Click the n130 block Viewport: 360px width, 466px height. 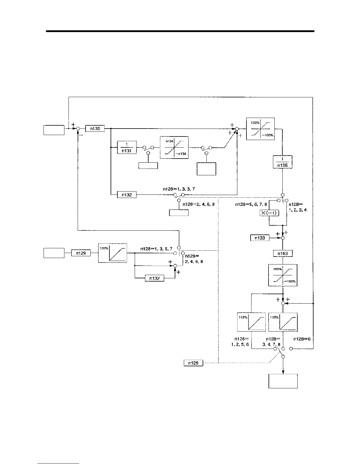95,129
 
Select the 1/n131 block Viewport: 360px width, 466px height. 127,147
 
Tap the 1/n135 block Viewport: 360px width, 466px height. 282,162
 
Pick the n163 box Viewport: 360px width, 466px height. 283,253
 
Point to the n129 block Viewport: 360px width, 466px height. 81,253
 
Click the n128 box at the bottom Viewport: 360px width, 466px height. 193,363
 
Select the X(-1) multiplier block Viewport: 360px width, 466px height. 269,213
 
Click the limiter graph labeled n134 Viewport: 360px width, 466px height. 174,147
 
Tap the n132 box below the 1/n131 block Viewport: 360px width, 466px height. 127,194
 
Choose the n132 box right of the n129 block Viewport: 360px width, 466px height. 154,278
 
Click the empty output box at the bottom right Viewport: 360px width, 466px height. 283,381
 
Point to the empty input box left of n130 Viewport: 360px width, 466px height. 54,130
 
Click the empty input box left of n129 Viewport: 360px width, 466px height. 54,253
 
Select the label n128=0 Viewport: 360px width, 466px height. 302,339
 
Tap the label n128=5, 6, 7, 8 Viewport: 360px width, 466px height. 251,204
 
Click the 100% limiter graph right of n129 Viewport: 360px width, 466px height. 113,253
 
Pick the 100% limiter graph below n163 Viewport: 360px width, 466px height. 283,275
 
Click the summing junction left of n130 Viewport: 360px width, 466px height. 78,129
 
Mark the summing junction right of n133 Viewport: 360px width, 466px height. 283,238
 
